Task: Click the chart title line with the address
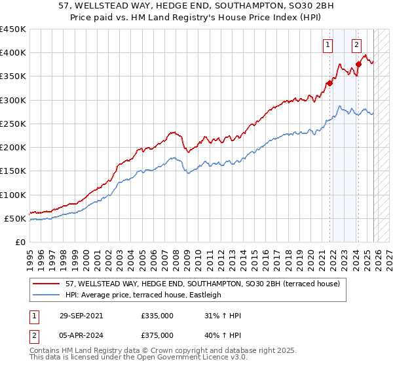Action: pyautogui.click(x=196, y=6)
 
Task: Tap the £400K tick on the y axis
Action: pyautogui.click(x=13, y=53)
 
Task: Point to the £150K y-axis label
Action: pyautogui.click(x=13, y=171)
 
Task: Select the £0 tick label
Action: pyautogui.click(x=20, y=242)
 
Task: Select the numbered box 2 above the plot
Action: pyautogui.click(x=356, y=45)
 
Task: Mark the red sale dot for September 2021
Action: pyautogui.click(x=329, y=83)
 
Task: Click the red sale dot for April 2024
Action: pyautogui.click(x=358, y=64)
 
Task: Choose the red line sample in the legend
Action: pyautogui.click(x=47, y=284)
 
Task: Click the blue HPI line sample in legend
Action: pyautogui.click(x=47, y=295)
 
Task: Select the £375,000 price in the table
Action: pyautogui.click(x=157, y=335)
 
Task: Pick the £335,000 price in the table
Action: pyautogui.click(x=157, y=316)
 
